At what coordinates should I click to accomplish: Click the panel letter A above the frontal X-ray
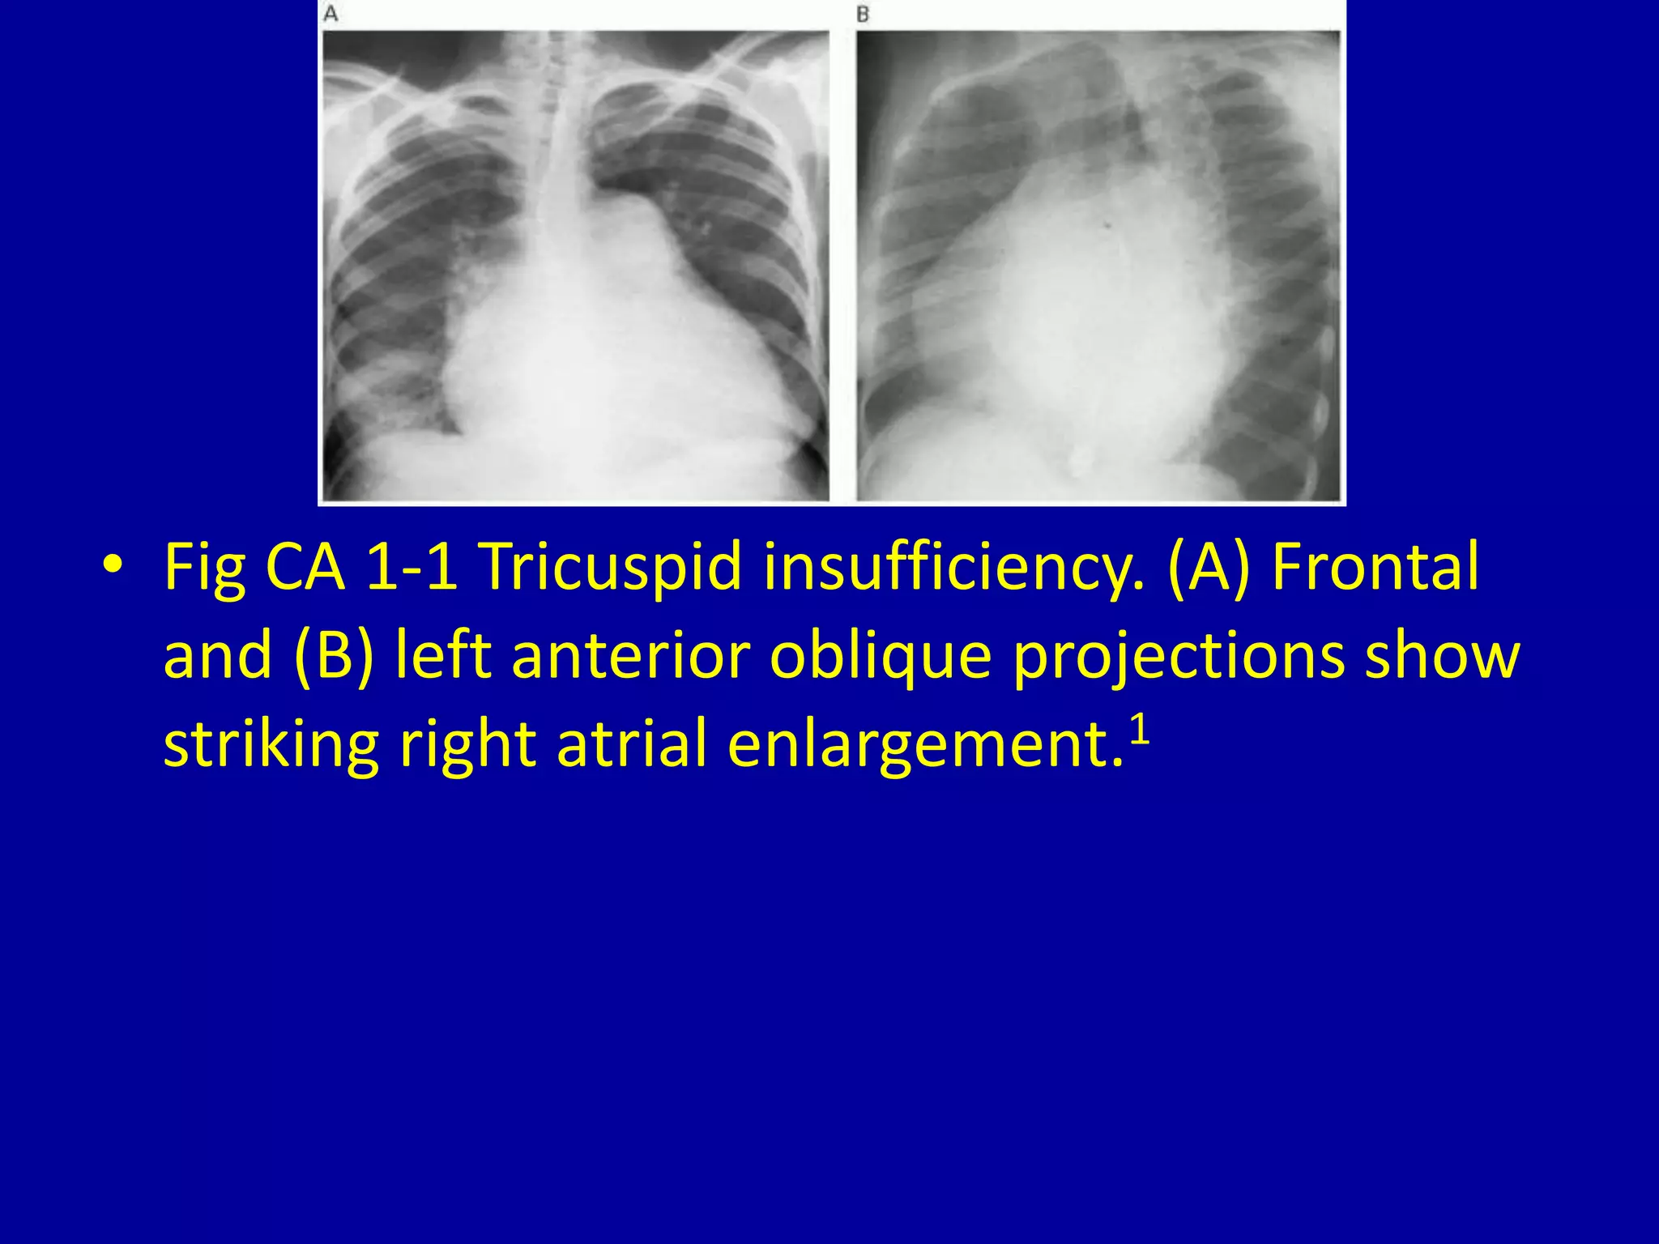click(331, 15)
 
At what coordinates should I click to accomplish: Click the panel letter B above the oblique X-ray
click(863, 15)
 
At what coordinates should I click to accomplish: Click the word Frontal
click(1375, 567)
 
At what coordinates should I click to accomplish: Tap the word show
click(1442, 654)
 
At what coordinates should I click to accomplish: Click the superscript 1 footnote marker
click(1140, 731)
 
